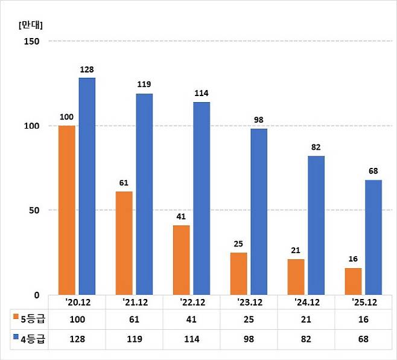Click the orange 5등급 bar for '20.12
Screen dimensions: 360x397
[66, 210]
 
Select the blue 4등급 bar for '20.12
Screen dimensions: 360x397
[86, 186]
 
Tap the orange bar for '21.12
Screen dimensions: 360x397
[124, 243]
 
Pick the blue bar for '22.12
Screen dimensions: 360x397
[202, 198]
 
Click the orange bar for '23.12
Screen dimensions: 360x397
[238, 274]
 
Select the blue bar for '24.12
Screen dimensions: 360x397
[316, 225]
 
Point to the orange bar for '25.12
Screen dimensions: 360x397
[353, 281]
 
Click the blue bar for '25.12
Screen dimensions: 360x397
[373, 237]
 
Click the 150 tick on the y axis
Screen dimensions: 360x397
[31, 41]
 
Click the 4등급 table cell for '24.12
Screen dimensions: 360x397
[306, 339]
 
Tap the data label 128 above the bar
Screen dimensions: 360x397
[87, 70]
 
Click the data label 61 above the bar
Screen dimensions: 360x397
[124, 183]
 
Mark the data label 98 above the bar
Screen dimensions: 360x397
[258, 120]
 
